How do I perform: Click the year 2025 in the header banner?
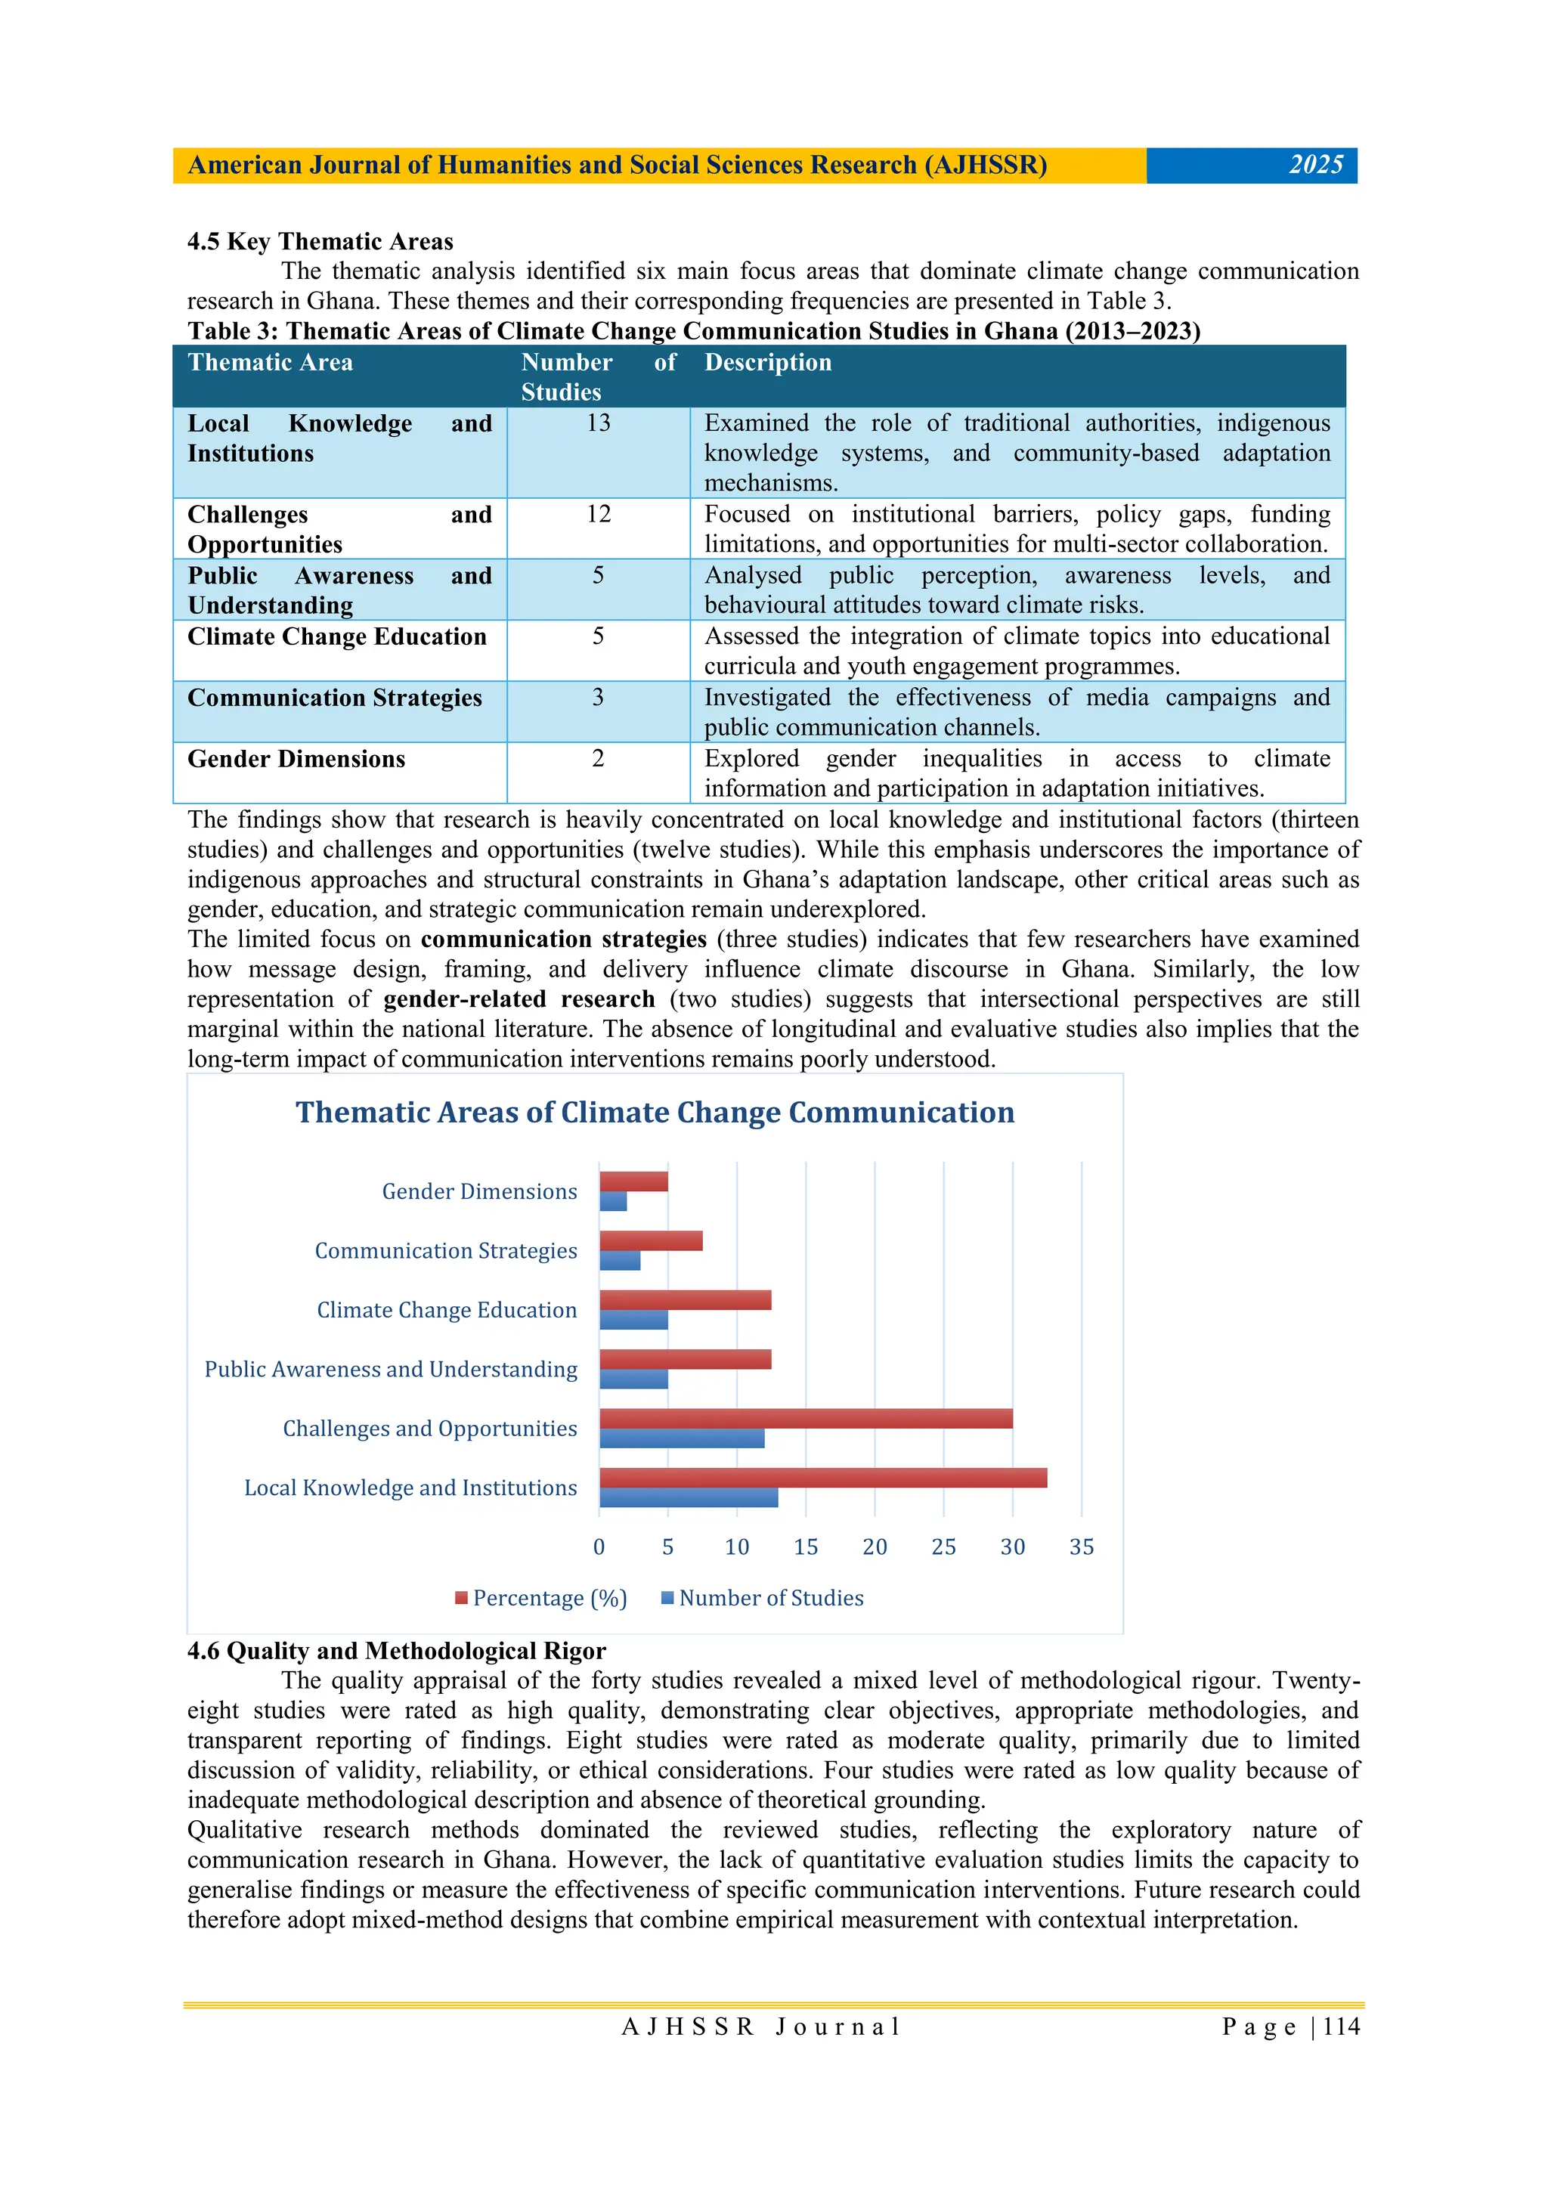click(1315, 165)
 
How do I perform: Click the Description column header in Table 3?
click(767, 362)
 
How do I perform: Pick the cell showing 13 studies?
click(598, 423)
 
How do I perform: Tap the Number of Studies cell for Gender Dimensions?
click(598, 759)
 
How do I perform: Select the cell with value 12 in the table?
click(598, 515)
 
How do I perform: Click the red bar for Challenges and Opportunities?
click(806, 1418)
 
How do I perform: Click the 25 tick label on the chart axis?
click(943, 1547)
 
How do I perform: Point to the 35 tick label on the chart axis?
click(1081, 1547)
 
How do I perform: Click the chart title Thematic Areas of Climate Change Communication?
click(655, 1113)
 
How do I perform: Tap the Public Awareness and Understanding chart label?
click(391, 1369)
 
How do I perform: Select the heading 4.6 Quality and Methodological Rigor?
click(397, 1650)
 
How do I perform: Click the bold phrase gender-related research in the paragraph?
click(519, 999)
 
